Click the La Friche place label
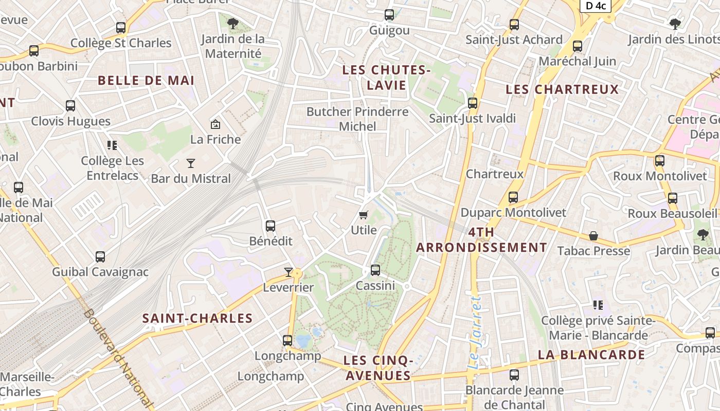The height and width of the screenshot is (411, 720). [x=215, y=139]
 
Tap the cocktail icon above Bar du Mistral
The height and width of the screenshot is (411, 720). [x=191, y=163]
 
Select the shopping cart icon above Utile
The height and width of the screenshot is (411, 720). [x=364, y=215]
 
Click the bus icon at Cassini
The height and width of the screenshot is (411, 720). [x=375, y=270]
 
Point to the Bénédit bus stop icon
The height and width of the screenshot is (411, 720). [x=271, y=226]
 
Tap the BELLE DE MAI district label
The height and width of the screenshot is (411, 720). [x=146, y=81]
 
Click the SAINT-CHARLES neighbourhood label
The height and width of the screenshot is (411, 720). [x=197, y=319]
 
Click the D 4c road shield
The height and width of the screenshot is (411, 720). [x=596, y=6]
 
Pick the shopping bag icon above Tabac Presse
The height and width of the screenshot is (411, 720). [x=593, y=236]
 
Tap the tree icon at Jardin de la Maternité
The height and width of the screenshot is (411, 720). [x=233, y=23]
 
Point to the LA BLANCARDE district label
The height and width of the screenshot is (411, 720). [x=591, y=354]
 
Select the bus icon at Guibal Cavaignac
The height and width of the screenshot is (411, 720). [x=100, y=256]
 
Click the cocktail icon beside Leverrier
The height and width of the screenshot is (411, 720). [x=289, y=272]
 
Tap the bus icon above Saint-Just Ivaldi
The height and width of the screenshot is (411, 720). [x=473, y=103]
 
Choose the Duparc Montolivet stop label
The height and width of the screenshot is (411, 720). [x=513, y=213]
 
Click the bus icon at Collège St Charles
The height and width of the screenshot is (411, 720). [x=121, y=28]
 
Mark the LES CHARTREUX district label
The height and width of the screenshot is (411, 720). [x=562, y=89]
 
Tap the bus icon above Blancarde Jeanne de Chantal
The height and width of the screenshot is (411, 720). [x=514, y=375]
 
